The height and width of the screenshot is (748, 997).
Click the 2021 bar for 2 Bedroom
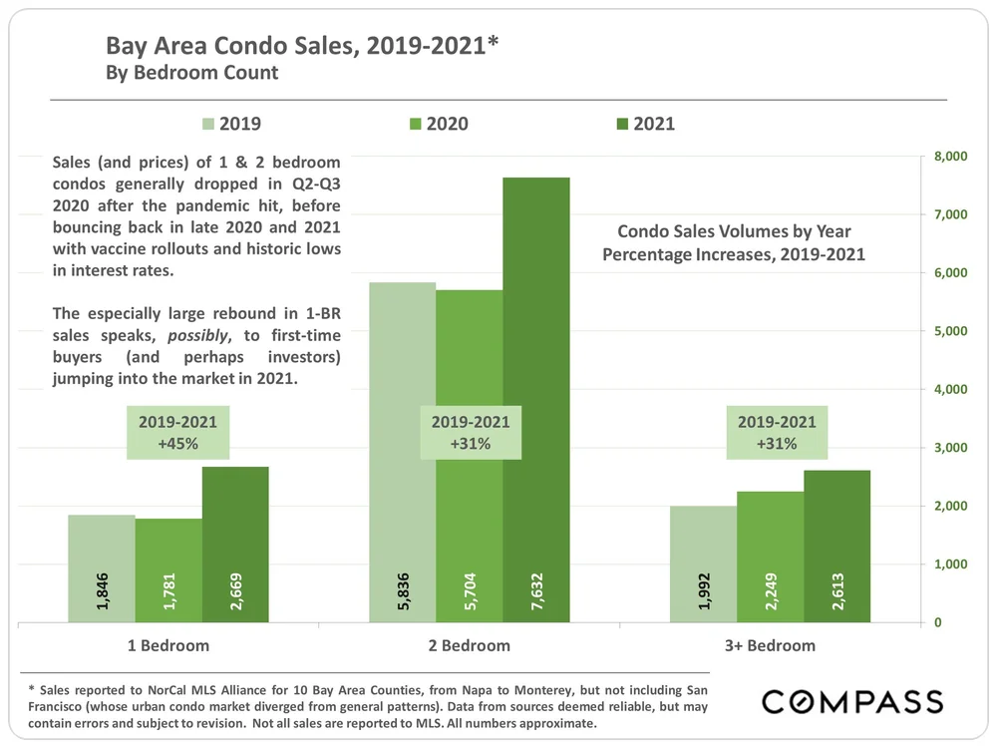536,399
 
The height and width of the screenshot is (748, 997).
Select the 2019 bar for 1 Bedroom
102,568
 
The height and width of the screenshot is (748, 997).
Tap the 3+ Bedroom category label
770,645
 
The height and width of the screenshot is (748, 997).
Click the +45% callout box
178,433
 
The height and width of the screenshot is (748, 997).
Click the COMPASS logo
852,701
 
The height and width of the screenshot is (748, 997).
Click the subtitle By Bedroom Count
192,73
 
